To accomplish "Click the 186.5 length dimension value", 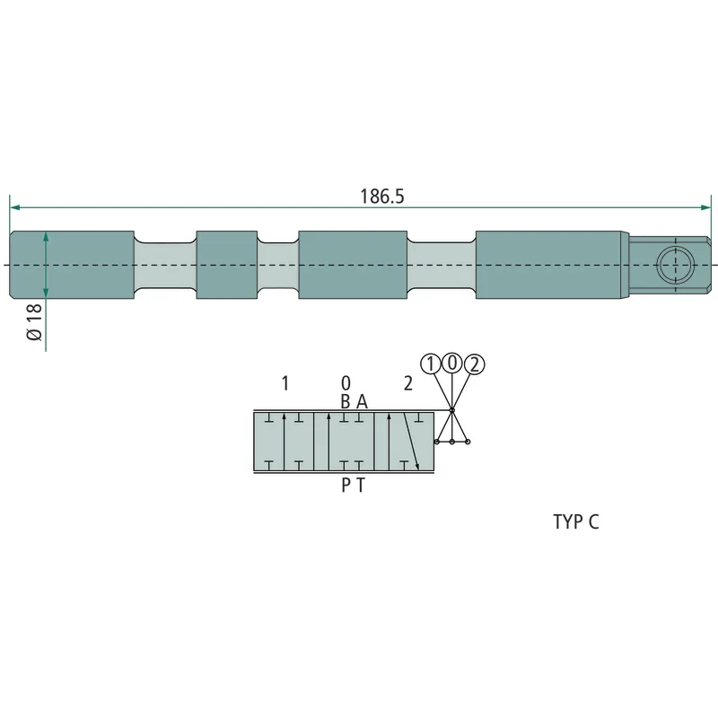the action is [382, 197].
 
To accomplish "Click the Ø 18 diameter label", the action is [35, 322].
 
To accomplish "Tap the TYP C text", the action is [576, 522].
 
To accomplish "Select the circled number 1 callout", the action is [431, 364].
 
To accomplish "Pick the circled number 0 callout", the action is [452, 363].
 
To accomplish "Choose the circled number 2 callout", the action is [474, 364].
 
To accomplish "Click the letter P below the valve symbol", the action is [346, 486].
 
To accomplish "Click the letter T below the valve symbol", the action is [361, 486].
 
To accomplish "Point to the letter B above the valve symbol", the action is [346, 401].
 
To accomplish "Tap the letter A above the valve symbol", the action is [362, 401].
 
